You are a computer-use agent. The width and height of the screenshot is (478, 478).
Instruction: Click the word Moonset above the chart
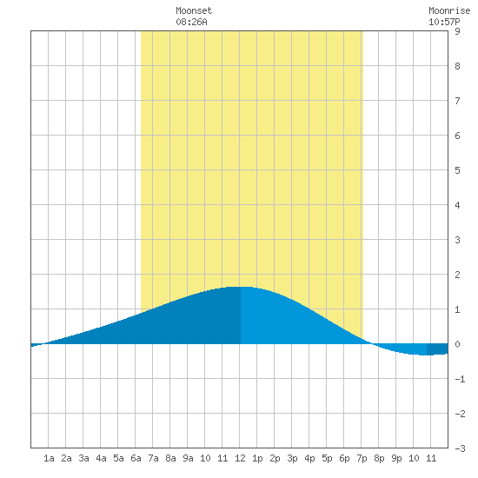(x=194, y=10)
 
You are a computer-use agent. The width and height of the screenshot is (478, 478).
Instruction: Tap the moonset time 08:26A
(x=191, y=22)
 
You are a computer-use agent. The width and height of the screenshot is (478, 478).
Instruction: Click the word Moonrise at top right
(x=449, y=10)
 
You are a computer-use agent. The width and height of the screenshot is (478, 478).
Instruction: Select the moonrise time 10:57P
(x=444, y=22)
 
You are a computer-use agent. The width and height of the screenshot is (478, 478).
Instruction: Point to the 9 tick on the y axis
(x=457, y=31)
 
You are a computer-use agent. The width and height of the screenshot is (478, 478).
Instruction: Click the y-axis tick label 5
(x=457, y=170)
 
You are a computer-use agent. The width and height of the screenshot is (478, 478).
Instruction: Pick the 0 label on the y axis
(x=457, y=344)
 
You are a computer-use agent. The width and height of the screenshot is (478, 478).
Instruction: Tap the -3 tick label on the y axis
(x=460, y=448)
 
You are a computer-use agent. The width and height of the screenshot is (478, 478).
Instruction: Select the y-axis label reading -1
(x=460, y=379)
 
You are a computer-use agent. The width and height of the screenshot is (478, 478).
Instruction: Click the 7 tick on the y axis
(x=457, y=101)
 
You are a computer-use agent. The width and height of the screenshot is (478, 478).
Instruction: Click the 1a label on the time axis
(x=49, y=458)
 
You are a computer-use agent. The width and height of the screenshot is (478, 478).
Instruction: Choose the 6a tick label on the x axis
(x=136, y=458)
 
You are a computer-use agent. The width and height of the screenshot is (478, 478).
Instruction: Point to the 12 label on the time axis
(x=240, y=458)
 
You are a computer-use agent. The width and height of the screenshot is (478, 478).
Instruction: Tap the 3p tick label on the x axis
(x=292, y=458)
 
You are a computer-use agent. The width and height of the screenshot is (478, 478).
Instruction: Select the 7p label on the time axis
(x=362, y=458)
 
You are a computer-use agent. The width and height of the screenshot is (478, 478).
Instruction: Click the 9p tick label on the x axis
(x=396, y=458)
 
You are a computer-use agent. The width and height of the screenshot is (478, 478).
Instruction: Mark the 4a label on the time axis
(x=101, y=458)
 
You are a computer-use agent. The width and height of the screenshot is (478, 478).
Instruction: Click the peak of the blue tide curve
(x=239, y=287)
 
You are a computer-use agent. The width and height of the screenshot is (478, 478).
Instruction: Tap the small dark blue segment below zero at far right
(x=437, y=349)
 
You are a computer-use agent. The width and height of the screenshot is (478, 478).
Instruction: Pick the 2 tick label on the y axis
(x=457, y=275)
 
